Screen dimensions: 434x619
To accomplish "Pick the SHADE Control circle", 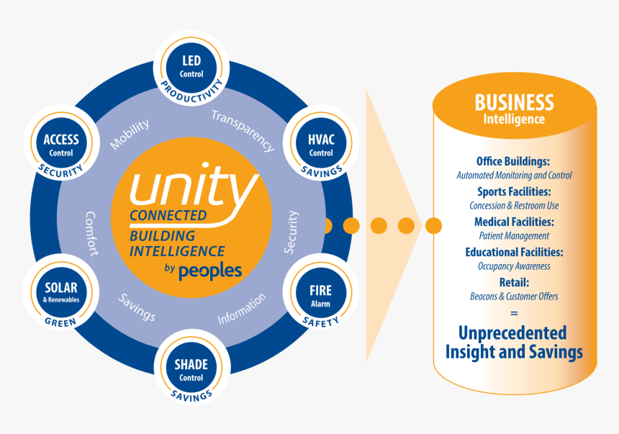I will click(x=191, y=369).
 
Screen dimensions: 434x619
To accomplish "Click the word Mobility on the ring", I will click(x=130, y=135).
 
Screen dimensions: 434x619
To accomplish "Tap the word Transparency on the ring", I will click(x=243, y=130).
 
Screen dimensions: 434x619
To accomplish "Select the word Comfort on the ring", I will click(x=91, y=233).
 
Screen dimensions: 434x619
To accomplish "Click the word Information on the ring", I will click(x=242, y=308).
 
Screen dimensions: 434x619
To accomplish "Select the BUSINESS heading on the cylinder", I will click(x=514, y=102).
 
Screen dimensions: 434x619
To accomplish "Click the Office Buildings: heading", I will click(x=513, y=161).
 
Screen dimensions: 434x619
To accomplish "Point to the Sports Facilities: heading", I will click(x=514, y=191).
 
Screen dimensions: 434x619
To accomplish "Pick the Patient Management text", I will click(x=514, y=235).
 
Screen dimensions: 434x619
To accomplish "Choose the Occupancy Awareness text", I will click(x=514, y=266).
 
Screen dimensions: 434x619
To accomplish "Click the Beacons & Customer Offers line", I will click(x=514, y=296).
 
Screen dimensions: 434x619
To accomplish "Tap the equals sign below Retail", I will click(x=514, y=313).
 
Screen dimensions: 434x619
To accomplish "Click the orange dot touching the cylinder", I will click(x=433, y=226).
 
